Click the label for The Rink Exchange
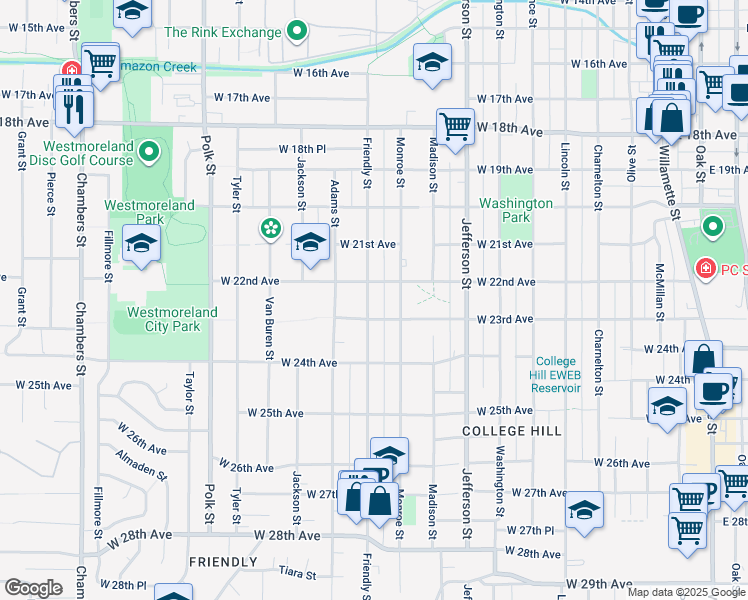[x=222, y=33]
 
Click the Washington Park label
[x=515, y=210]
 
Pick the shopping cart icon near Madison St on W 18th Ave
[x=455, y=126]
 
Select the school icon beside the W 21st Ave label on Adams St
[x=310, y=242]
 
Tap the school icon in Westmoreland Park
[x=141, y=243]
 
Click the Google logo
[x=33, y=588]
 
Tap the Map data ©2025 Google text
[x=685, y=592]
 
